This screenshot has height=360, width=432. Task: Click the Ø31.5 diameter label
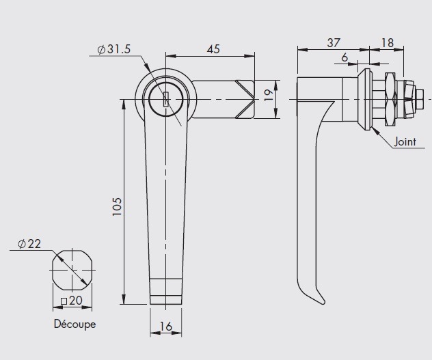[x=114, y=49]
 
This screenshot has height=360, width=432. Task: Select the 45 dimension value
[x=213, y=49]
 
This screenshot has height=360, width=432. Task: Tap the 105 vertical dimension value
[x=117, y=206]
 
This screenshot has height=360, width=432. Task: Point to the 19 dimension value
[x=269, y=96]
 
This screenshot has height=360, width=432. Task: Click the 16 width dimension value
[x=166, y=327]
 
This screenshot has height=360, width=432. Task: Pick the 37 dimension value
[x=334, y=43]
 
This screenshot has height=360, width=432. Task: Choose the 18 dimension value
[x=388, y=43]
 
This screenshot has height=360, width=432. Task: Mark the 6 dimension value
[x=345, y=57]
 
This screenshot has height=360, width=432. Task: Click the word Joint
[x=405, y=141]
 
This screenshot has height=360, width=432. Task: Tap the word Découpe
[x=75, y=324]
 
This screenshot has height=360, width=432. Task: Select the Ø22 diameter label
[x=29, y=244]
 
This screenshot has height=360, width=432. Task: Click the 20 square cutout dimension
[x=76, y=301]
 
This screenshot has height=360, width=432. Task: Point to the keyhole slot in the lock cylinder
[x=166, y=99]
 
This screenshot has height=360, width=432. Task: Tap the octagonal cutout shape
[x=72, y=271]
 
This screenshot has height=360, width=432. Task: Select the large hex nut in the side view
[x=390, y=99]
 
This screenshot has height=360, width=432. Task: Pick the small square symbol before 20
[x=64, y=301]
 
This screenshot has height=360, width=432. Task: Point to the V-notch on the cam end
[x=245, y=99]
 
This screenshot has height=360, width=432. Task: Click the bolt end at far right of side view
[x=420, y=99]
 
